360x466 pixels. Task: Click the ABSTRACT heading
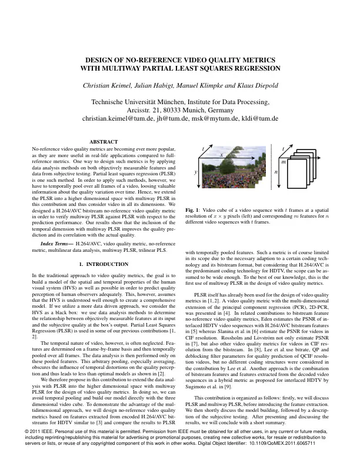click(104, 142)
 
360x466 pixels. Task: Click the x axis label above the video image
click(222, 154)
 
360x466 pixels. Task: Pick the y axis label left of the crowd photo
click(195, 171)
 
